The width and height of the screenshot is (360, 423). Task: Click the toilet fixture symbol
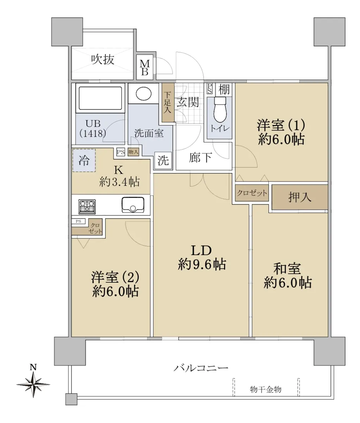point(220,110)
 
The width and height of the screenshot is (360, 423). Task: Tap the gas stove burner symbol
point(87,207)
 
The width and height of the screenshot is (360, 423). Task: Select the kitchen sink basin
point(133,205)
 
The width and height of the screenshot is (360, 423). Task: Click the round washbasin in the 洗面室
point(144,93)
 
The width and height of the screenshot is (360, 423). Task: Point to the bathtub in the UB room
point(100,98)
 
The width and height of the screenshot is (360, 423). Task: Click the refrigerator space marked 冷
point(84,160)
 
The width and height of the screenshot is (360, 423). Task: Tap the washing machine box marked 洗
point(163,161)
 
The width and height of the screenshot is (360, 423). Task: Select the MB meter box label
point(145,68)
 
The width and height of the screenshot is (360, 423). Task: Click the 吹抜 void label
point(103,60)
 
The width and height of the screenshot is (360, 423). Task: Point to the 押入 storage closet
point(300,197)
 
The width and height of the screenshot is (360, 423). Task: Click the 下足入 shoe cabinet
point(168,102)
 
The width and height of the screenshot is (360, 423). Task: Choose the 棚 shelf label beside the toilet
point(224,89)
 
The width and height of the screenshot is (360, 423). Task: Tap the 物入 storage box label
point(134,152)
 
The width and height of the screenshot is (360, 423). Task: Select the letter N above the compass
point(33,367)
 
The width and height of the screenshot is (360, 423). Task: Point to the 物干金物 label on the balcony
point(266,390)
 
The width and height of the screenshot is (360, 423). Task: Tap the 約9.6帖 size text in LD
point(202,264)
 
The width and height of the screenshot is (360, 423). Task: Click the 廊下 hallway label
point(200,158)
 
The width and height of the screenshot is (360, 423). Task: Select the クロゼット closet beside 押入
point(252,193)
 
